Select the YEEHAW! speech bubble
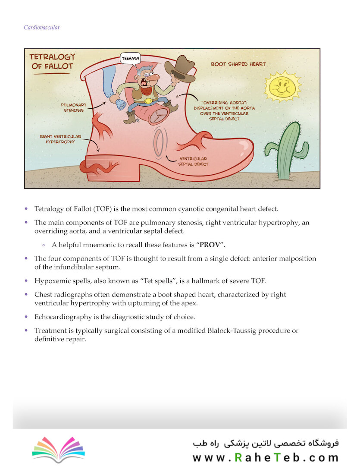pyautogui.click(x=130, y=58)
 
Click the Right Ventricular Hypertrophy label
pyautogui.click(x=60, y=139)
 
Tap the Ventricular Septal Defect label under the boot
pyautogui.click(x=193, y=161)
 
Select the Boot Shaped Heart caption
pyautogui.click(x=238, y=64)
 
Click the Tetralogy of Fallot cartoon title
pyautogui.click(x=52, y=61)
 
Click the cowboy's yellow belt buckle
pyautogui.click(x=149, y=101)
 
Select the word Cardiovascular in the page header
pyautogui.click(x=42, y=28)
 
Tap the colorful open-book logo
pyautogui.click(x=58, y=449)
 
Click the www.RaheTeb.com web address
pyautogui.click(x=265, y=457)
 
